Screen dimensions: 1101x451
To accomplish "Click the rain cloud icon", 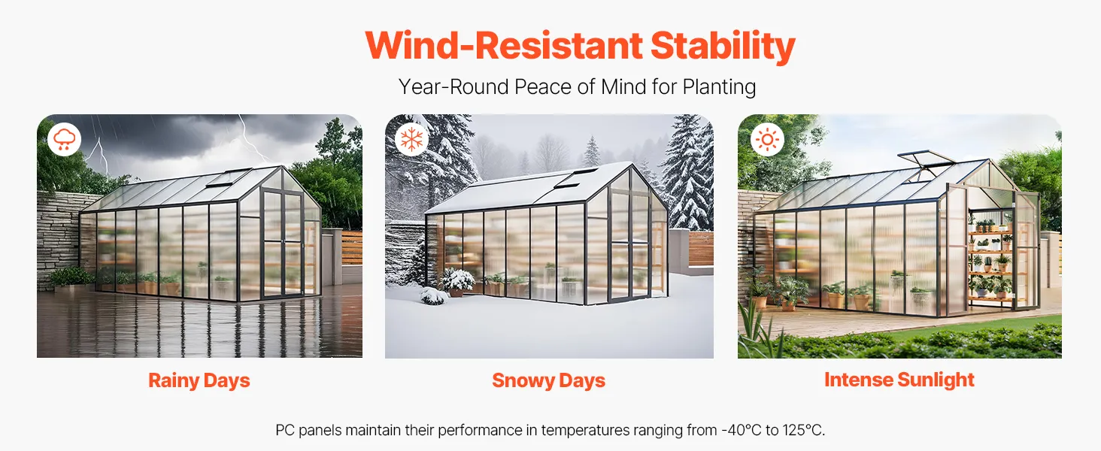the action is click(65, 140).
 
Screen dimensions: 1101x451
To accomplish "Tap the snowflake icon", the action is click(412, 139).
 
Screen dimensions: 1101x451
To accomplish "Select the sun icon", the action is click(767, 140).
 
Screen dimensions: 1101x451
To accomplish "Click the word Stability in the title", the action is click(723, 47).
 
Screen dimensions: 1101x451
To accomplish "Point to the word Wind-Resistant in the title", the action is click(504, 46).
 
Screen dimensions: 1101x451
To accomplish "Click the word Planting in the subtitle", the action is click(719, 87).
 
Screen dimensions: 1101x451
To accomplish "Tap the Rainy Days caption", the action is click(199, 381).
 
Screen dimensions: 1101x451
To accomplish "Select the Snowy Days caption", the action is click(548, 381).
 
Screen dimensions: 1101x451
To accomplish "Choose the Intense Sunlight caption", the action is click(899, 380).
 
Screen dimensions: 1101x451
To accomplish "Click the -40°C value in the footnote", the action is click(742, 431).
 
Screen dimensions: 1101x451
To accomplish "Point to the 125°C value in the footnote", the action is click(804, 431).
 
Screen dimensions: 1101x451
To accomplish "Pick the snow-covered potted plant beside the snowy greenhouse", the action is click(457, 282).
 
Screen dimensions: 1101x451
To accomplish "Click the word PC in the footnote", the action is click(284, 431).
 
